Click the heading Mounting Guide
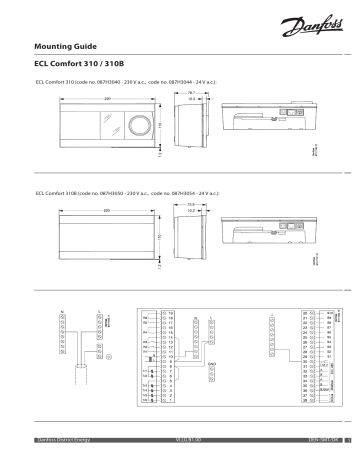(68, 46)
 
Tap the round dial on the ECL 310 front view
(143, 126)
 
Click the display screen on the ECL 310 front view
(97, 126)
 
